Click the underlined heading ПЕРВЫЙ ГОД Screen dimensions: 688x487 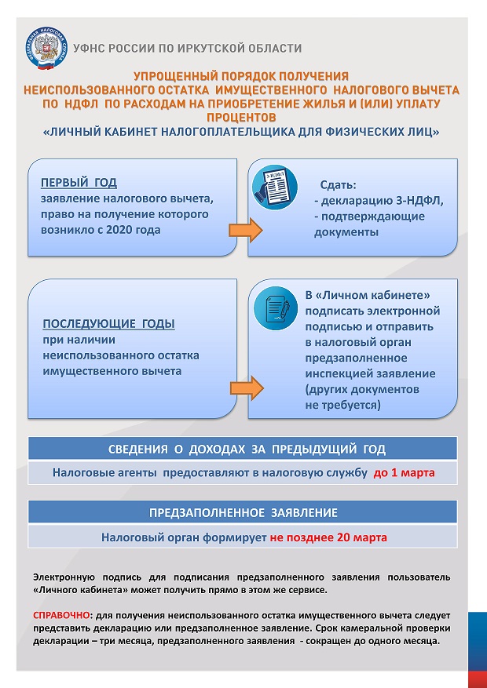pos(79,183)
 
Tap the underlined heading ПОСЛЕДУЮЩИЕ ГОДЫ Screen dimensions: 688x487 pos(108,324)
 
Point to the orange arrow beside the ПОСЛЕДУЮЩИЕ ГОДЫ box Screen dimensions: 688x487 pos(244,387)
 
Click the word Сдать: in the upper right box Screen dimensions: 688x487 pos(338,186)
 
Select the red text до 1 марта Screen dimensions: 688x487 pos(404,473)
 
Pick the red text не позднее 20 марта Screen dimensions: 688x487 pos(328,538)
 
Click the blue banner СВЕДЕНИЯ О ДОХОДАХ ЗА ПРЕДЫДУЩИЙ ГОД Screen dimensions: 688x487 pos(243,450)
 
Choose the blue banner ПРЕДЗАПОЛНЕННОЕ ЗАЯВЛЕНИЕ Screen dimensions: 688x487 pos(243,513)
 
